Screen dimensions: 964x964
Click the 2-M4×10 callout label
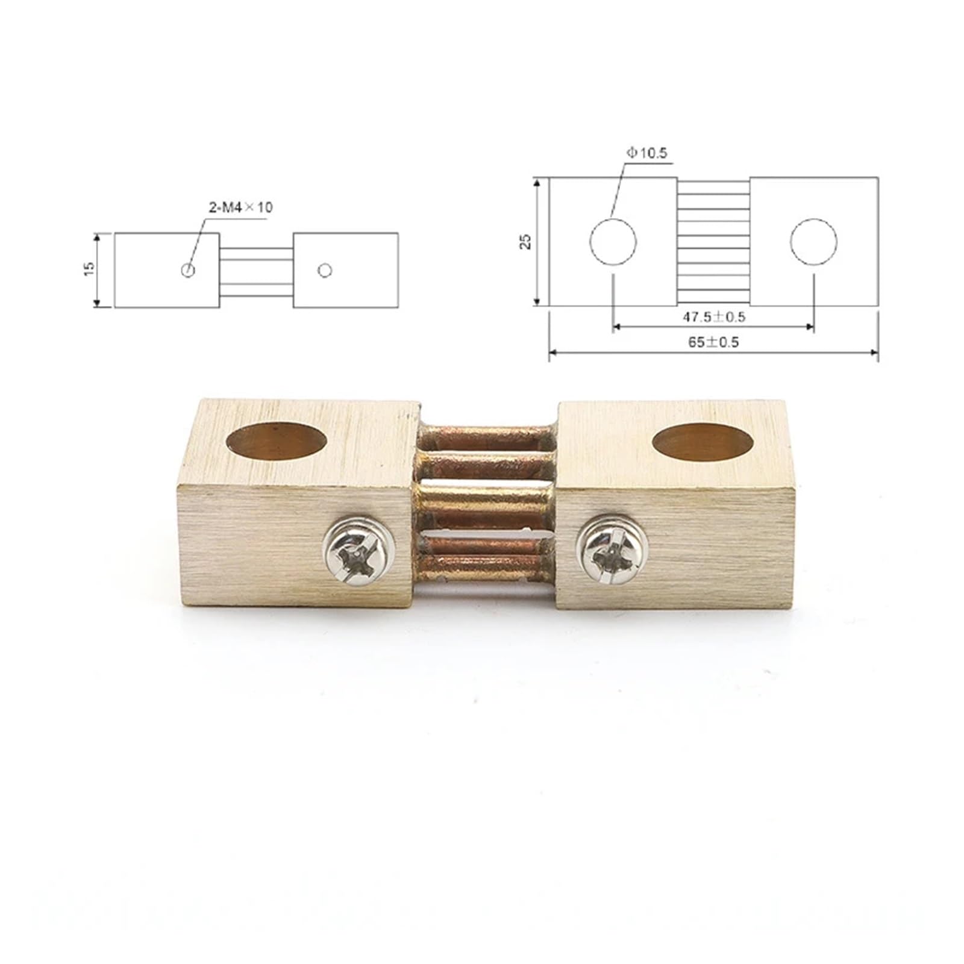click(x=240, y=208)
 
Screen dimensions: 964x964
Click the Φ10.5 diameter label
click(x=646, y=153)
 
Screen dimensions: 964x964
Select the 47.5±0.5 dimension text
click(x=713, y=317)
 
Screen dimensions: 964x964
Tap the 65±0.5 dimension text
click(x=713, y=342)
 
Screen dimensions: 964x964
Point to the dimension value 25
click(x=526, y=241)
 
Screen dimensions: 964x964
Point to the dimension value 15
click(x=89, y=269)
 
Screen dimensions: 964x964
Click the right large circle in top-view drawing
click(x=813, y=241)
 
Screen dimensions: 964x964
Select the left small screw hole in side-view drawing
click(x=188, y=270)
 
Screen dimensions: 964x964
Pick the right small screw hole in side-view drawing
click(x=325, y=271)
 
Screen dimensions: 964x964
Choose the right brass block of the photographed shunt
click(x=705, y=542)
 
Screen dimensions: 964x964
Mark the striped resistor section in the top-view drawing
click(x=713, y=241)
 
